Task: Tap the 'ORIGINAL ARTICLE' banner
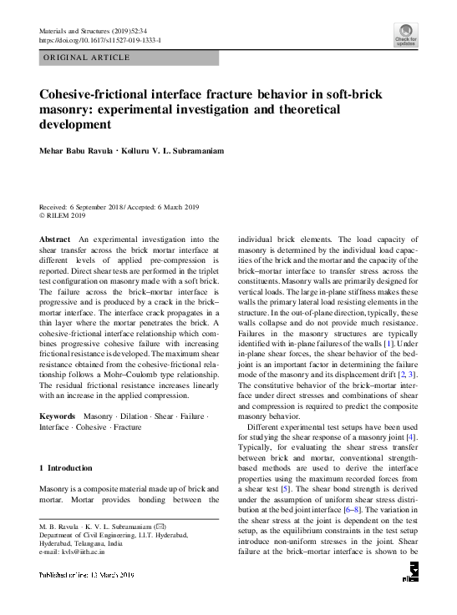[86, 58]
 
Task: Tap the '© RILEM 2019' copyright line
[63, 215]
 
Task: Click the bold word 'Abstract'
[55, 239]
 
